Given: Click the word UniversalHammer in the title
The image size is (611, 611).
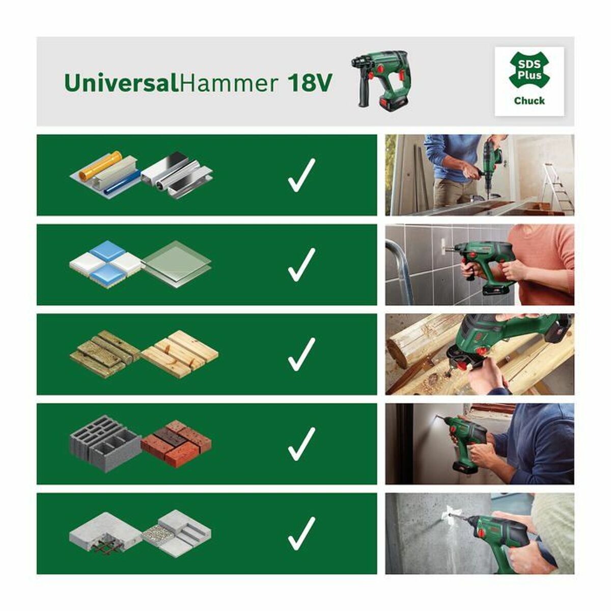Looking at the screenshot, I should click(x=171, y=82).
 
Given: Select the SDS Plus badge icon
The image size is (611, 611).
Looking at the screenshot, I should click(x=530, y=72).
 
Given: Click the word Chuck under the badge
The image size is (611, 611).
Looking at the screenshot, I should click(x=529, y=100).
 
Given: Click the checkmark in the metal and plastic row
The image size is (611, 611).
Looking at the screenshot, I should click(x=301, y=175).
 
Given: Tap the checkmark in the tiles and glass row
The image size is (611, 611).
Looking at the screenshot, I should click(x=301, y=264).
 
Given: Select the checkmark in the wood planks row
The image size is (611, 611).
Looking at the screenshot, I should click(x=301, y=354).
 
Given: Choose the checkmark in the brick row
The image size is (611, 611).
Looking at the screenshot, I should click(x=301, y=443).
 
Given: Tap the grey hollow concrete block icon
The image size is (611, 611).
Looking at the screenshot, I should click(x=104, y=442).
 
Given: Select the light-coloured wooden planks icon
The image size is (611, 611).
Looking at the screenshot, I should click(x=180, y=353).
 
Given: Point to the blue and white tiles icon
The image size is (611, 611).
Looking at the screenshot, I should click(x=105, y=262).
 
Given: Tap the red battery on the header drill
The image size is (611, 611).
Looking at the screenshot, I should click(x=389, y=103).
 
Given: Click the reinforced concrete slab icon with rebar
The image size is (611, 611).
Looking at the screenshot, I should click(x=105, y=535).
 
